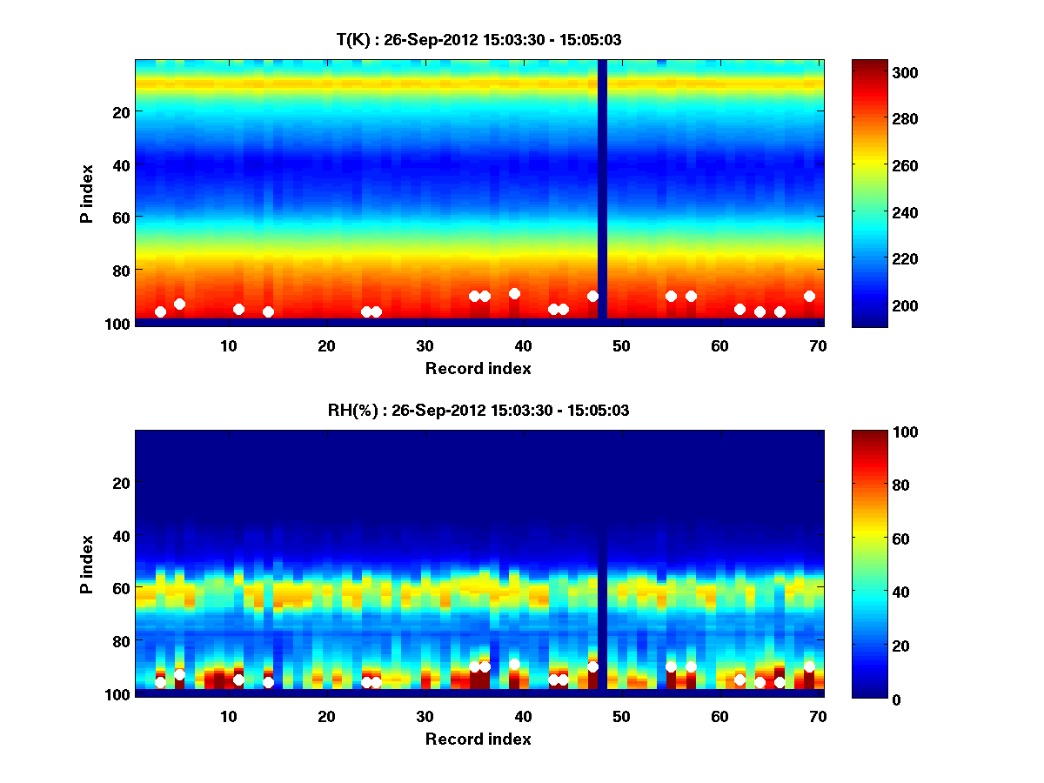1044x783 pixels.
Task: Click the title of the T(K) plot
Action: pos(478,39)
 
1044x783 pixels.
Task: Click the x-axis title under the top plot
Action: pos(478,368)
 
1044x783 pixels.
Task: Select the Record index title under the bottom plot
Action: pos(478,739)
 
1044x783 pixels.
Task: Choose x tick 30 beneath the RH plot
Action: pos(425,716)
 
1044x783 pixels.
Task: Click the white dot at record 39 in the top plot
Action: pos(514,293)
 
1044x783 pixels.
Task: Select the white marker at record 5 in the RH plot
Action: pos(179,674)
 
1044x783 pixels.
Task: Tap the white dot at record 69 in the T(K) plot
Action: pos(809,296)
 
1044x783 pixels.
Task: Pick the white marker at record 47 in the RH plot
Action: pos(592,666)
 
